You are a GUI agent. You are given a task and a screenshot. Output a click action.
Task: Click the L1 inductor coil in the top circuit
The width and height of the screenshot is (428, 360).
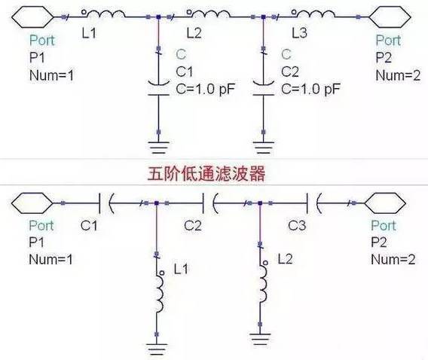(x=106, y=14)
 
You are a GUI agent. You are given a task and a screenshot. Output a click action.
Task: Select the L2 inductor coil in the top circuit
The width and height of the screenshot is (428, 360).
(x=210, y=14)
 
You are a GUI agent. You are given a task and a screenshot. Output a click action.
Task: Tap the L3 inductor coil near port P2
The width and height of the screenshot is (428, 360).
(x=315, y=14)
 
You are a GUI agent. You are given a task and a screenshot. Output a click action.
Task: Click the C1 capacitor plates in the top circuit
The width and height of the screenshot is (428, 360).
(x=158, y=88)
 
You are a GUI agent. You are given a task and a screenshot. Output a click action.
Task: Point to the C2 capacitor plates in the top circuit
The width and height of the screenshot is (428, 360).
(x=264, y=88)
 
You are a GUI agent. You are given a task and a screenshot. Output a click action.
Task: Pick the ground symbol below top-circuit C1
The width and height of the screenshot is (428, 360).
(x=158, y=148)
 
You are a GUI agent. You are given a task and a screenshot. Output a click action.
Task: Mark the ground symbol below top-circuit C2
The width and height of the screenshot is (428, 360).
(x=264, y=148)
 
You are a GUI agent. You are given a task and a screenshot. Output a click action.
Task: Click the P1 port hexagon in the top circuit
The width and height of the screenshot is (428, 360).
(x=32, y=17)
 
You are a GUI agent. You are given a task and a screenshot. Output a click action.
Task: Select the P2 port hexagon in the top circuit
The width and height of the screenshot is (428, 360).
(x=390, y=17)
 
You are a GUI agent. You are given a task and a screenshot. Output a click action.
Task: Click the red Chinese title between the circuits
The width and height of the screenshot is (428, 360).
(x=206, y=174)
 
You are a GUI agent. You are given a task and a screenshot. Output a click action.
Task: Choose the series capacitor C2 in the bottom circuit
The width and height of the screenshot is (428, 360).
(x=210, y=203)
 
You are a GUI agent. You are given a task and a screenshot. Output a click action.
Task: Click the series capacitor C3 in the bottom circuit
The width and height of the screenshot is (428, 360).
(x=314, y=203)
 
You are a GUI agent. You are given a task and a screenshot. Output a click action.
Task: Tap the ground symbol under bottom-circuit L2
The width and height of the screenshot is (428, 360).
(x=260, y=339)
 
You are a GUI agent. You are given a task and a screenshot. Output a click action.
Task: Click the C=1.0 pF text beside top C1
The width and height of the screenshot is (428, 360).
(x=205, y=89)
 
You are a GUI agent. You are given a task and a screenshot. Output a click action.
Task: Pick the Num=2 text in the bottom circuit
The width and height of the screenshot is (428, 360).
(x=393, y=259)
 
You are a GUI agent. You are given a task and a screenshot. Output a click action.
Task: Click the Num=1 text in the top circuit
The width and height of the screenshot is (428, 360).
(x=51, y=75)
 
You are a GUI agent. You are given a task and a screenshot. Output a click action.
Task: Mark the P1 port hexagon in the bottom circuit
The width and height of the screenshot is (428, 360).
(x=32, y=203)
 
